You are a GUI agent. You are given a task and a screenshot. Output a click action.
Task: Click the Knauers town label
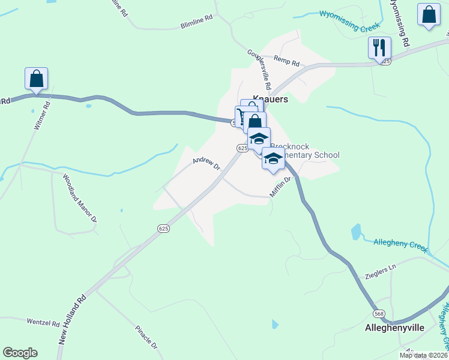click(x=270, y=99)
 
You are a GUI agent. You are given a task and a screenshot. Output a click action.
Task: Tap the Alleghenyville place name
click(x=395, y=328)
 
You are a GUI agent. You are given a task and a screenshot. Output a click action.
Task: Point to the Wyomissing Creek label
click(x=349, y=20)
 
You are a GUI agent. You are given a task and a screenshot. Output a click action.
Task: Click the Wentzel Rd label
click(x=43, y=322)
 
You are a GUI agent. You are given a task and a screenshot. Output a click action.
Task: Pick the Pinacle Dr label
click(x=145, y=338)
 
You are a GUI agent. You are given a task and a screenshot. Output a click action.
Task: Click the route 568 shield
click(x=379, y=314)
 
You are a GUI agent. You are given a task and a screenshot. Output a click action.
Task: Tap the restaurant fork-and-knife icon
click(x=379, y=47)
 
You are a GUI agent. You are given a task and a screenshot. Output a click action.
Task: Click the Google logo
click(x=20, y=353)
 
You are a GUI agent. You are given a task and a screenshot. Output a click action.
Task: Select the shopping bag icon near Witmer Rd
click(x=36, y=78)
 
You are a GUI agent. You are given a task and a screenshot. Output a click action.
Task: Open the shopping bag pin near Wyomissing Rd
click(x=429, y=16)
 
